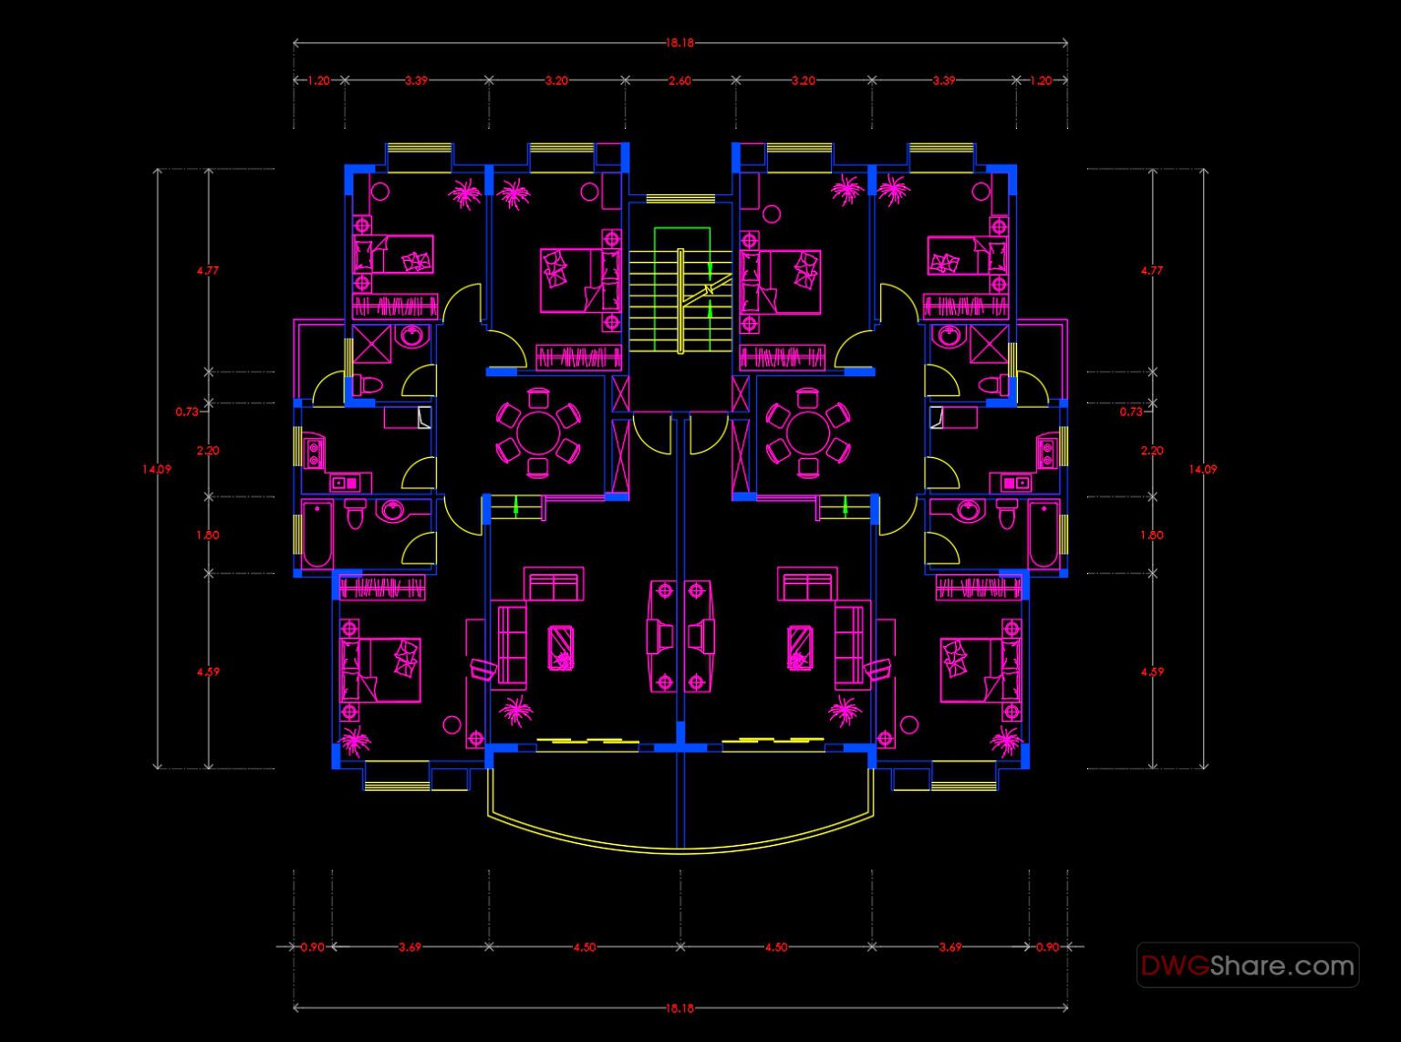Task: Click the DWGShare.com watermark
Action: click(x=1247, y=965)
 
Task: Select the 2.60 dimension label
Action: click(x=680, y=80)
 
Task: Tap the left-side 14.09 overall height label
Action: click(x=156, y=469)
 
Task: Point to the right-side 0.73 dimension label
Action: click(x=1131, y=412)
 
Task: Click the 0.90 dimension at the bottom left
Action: click(x=312, y=947)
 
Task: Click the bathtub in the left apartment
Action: click(x=317, y=535)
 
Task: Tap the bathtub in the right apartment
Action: click(x=1043, y=535)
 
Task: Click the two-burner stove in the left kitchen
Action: click(x=314, y=453)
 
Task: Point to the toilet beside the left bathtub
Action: click(x=356, y=515)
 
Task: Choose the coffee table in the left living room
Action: click(x=561, y=647)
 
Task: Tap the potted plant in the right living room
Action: click(x=844, y=711)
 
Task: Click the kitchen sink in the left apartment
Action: click(x=345, y=482)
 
